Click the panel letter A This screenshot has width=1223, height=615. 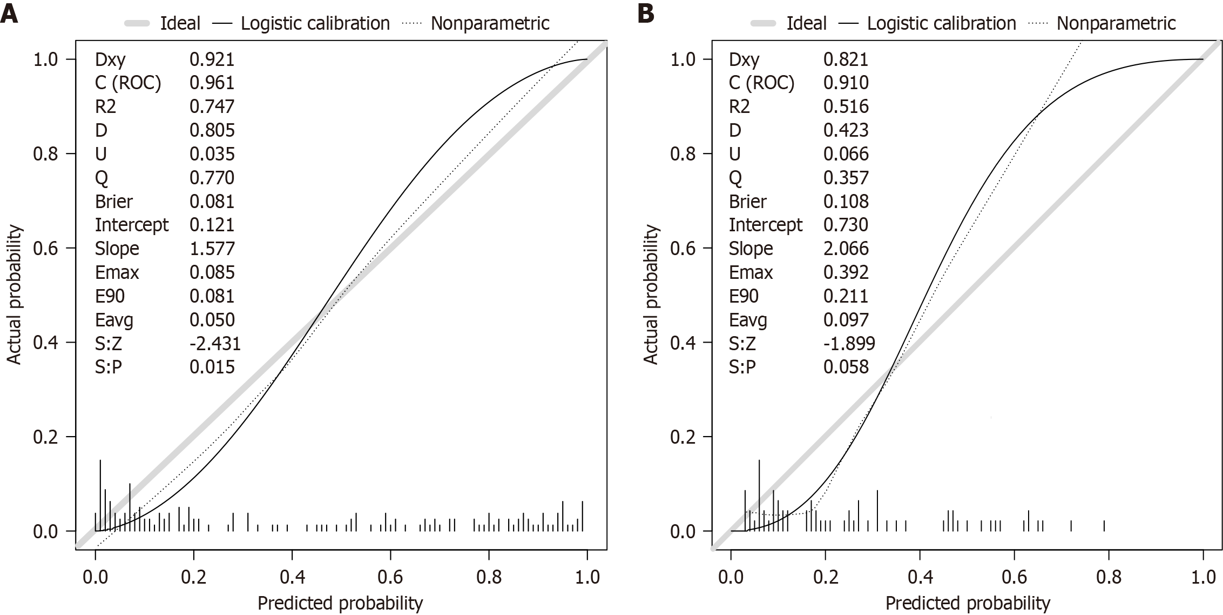point(10,13)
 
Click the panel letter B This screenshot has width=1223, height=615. point(646,13)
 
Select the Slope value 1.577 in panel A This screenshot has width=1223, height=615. point(212,249)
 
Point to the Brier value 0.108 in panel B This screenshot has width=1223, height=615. point(846,202)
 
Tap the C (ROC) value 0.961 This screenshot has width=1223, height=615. point(212,83)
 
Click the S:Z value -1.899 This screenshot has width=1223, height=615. point(849,343)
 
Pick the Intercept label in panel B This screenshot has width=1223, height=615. point(766,225)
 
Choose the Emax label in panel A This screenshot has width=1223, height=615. point(117,272)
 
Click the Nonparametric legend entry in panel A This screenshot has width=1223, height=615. point(490,23)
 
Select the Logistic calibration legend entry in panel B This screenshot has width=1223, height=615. point(941,23)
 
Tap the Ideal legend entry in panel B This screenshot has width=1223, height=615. point(806,23)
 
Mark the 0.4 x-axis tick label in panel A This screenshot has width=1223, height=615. point(292,577)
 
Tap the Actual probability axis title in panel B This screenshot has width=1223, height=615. point(651,295)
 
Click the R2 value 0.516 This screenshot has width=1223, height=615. point(846,106)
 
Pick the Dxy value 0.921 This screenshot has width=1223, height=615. point(212,59)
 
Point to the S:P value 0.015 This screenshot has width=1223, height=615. point(212,367)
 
